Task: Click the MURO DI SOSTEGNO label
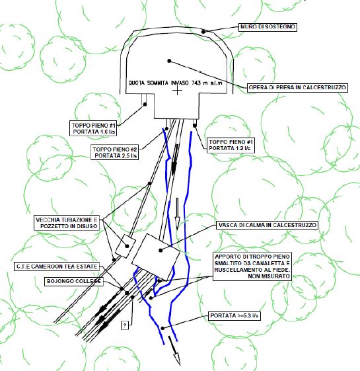tap(268, 26)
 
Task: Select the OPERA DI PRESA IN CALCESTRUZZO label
tap(297, 87)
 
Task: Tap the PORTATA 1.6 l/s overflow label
tap(93, 128)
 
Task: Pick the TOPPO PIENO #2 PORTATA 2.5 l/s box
tap(115, 152)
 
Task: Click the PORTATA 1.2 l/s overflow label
tap(231, 145)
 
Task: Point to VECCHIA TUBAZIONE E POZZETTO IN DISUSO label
tap(67, 223)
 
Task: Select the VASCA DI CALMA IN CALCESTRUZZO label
tap(268, 225)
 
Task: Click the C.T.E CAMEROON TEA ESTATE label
tap(57, 267)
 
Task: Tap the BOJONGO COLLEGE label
tap(74, 281)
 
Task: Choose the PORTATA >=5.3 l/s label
tap(234, 316)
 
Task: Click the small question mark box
tap(125, 325)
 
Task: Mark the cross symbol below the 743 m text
tap(177, 90)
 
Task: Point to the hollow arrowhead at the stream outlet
tap(177, 359)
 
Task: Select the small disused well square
tap(126, 246)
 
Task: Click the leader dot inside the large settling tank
tap(161, 250)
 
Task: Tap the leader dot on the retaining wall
tap(203, 32)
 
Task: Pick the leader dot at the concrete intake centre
tap(169, 61)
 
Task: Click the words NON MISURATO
tap(269, 276)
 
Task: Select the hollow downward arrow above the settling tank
tap(177, 214)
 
